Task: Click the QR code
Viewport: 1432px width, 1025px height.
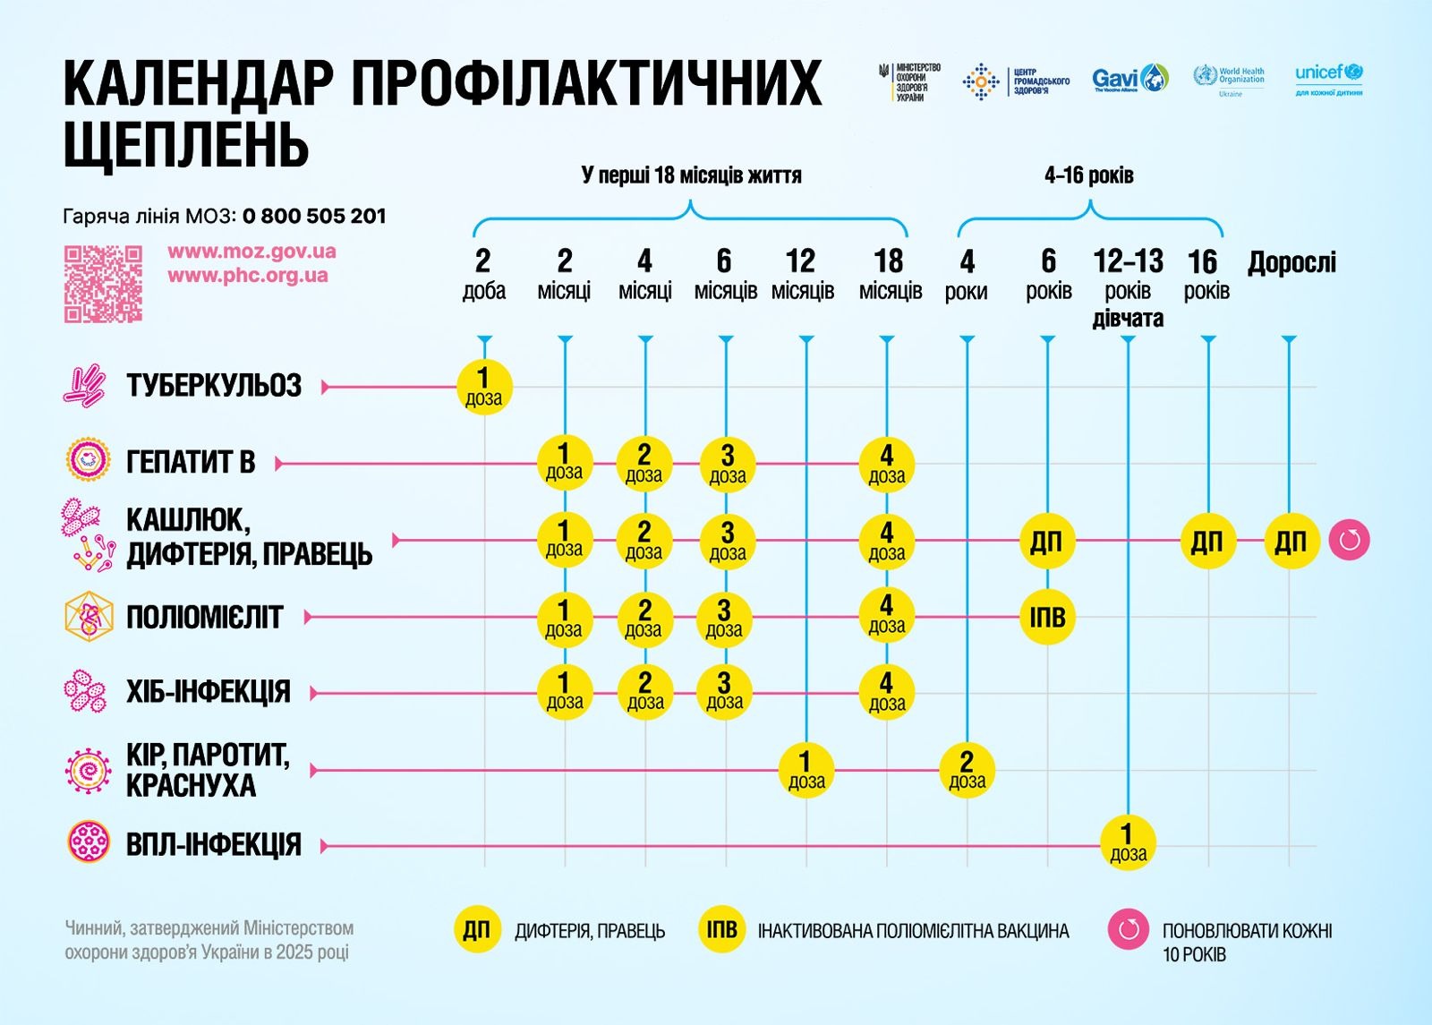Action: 103,284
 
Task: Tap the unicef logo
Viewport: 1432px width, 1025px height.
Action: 1329,79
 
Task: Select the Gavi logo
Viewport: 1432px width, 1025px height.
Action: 1129,79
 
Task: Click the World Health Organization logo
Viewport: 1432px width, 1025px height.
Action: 1229,80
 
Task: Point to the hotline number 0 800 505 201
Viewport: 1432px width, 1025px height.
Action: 314,216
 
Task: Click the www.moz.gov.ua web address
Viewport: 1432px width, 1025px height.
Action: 251,252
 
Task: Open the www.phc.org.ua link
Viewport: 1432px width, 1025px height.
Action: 248,276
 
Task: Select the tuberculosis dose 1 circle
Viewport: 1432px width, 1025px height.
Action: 484,387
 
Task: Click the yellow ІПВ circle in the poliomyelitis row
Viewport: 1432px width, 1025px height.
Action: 1047,617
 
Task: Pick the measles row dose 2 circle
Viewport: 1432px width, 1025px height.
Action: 967,770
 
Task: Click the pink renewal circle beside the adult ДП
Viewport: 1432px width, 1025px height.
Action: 1349,541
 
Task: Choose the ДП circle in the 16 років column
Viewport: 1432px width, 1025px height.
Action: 1207,541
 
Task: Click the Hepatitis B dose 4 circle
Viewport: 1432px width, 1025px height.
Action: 886,464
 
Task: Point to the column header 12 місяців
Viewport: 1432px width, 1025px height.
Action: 802,275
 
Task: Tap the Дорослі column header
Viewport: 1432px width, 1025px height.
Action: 1291,262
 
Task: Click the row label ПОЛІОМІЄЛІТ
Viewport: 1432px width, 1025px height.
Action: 204,618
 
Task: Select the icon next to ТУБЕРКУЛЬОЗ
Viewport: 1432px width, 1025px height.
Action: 85,386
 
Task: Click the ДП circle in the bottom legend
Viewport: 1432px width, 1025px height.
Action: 476,930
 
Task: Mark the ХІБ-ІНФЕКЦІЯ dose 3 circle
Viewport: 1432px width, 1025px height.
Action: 725,692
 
